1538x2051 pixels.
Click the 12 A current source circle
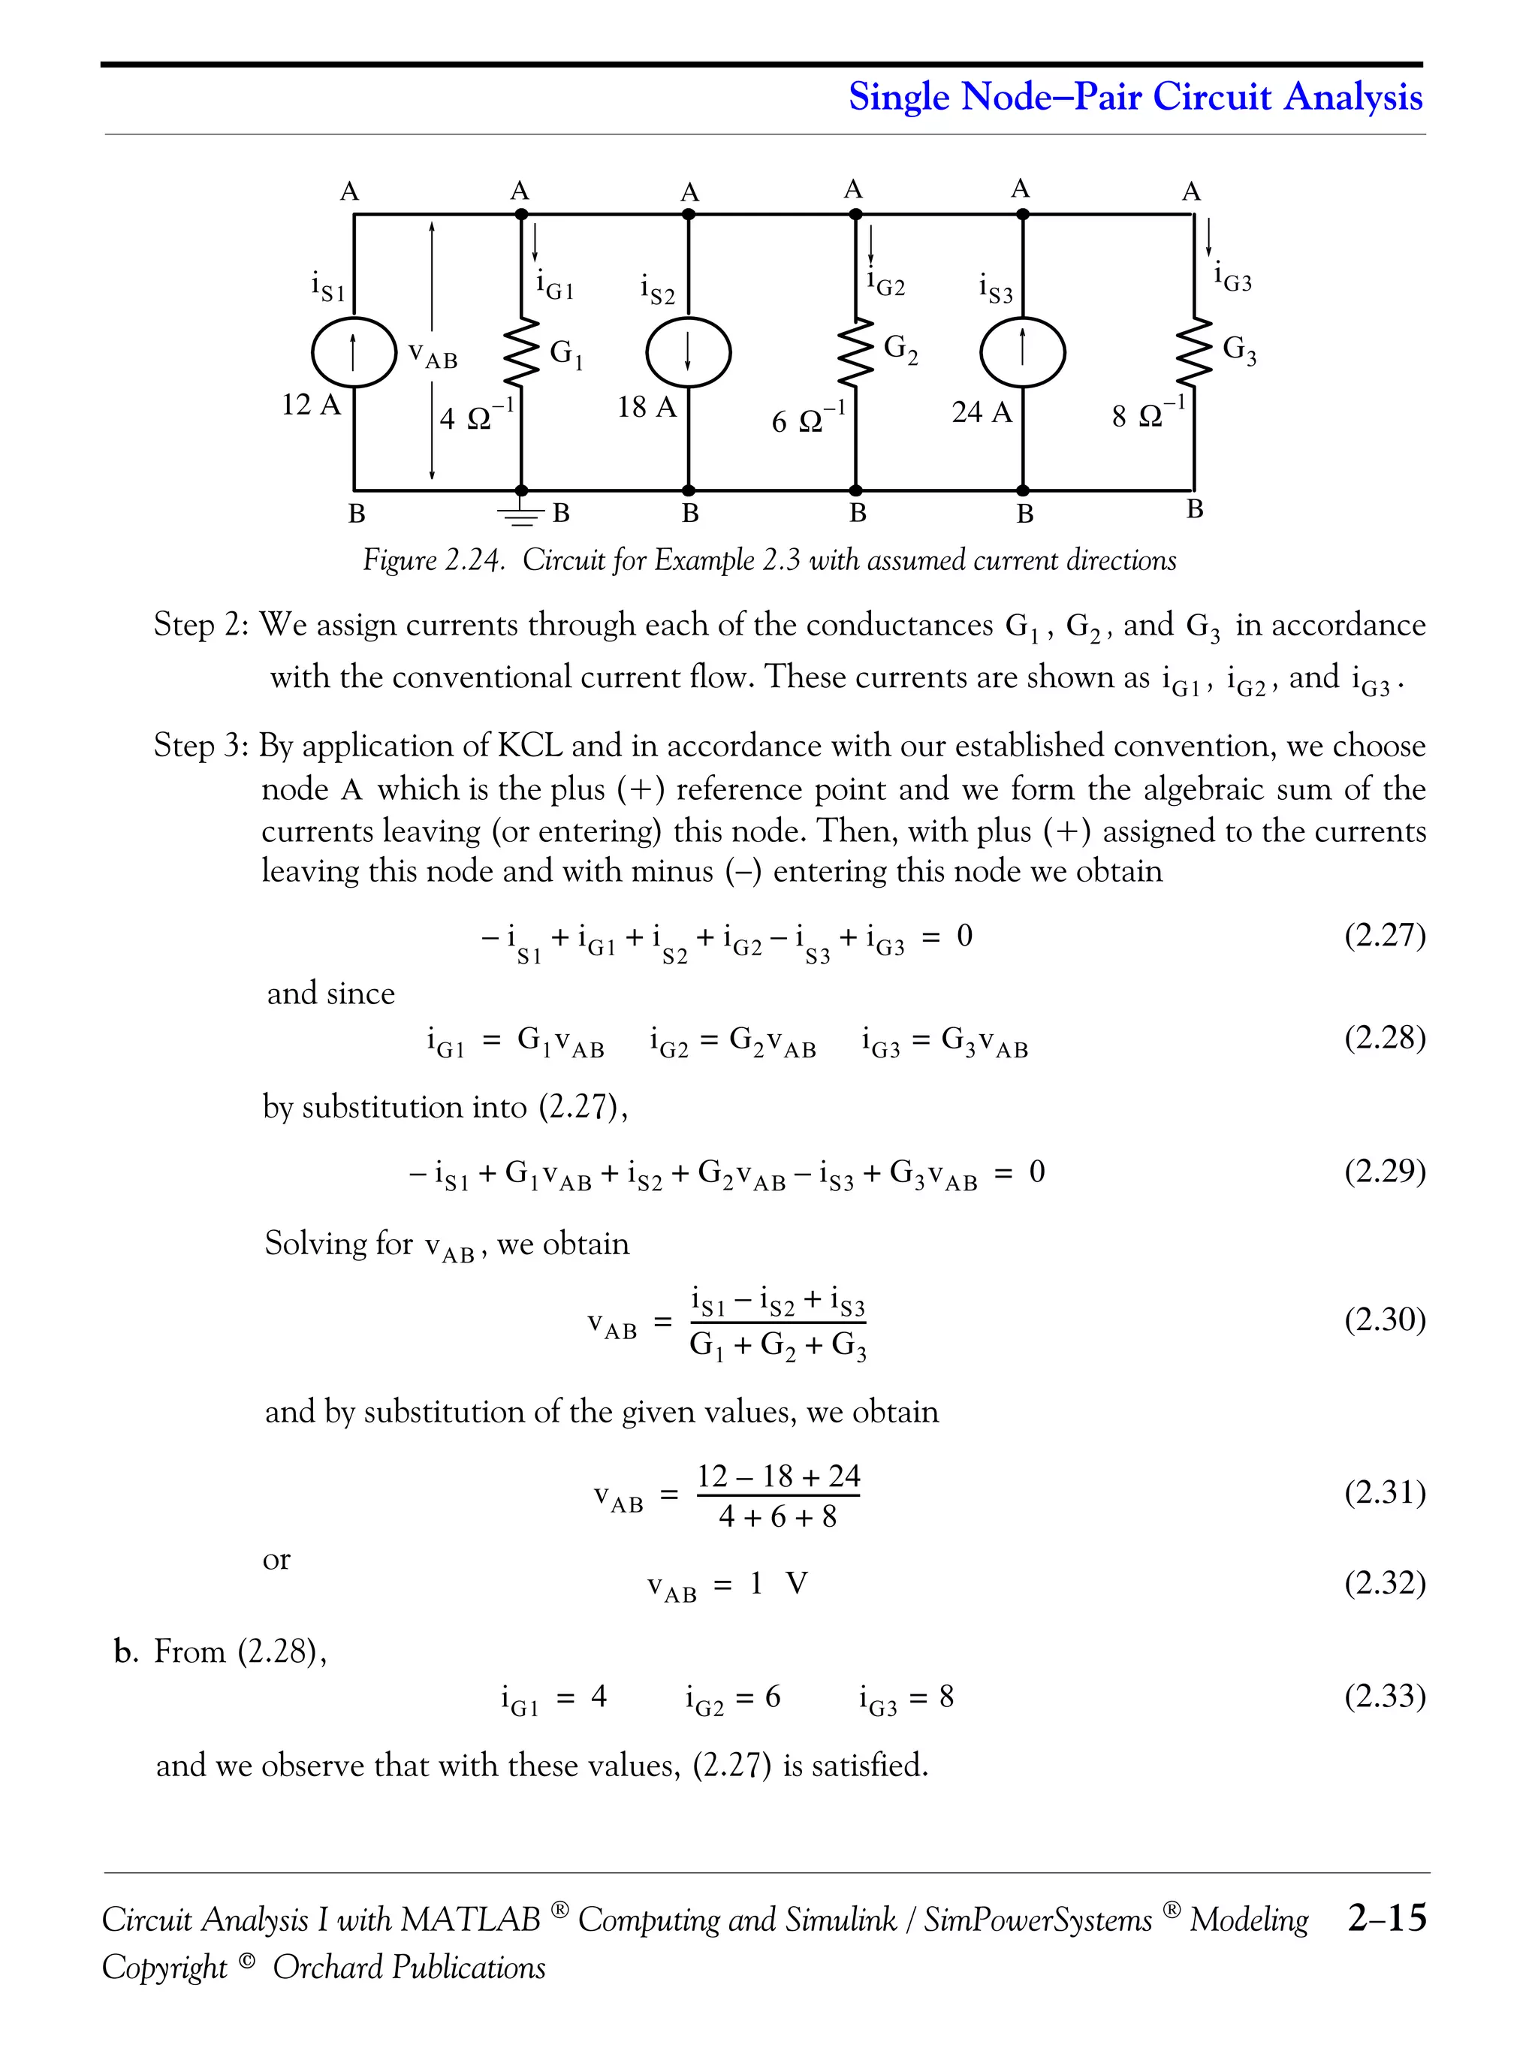[x=353, y=352]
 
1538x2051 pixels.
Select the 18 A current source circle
[x=688, y=352]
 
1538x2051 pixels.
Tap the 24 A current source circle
[x=1023, y=352]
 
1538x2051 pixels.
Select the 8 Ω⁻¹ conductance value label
[x=1147, y=414]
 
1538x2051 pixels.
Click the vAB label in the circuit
[x=433, y=355]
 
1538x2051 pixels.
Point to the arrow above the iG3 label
[x=1208, y=237]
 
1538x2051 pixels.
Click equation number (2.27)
[x=1384, y=935]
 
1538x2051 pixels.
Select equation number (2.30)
[x=1384, y=1319]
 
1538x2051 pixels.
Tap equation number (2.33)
[x=1384, y=1696]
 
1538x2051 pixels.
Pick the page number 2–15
[x=1387, y=1917]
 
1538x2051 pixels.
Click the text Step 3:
[x=201, y=746]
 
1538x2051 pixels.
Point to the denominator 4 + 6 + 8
[x=778, y=1517]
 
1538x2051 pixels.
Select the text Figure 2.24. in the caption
[x=434, y=560]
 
